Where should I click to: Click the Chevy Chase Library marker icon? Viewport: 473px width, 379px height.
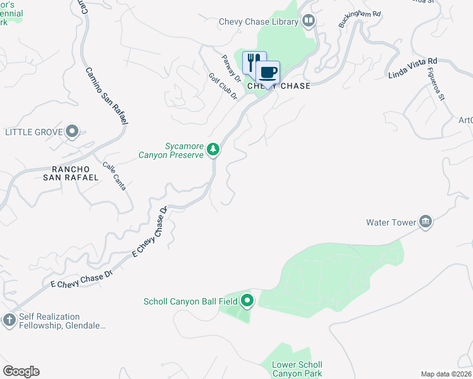click(x=309, y=21)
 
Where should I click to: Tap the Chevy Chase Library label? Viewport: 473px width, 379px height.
click(x=258, y=21)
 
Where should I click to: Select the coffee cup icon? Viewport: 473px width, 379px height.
click(x=267, y=72)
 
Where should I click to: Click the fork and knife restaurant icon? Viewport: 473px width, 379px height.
click(x=252, y=62)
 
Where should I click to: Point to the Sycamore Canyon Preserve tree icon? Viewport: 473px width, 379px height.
click(x=214, y=149)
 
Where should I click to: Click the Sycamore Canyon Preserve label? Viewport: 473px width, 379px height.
click(x=171, y=150)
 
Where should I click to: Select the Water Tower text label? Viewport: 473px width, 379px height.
click(x=391, y=222)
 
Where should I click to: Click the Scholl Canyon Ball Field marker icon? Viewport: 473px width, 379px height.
click(x=247, y=301)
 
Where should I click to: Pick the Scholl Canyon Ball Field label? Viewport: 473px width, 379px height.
click(x=190, y=301)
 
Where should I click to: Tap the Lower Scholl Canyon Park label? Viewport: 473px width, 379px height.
click(x=297, y=370)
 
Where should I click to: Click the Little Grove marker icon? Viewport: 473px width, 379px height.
click(x=72, y=131)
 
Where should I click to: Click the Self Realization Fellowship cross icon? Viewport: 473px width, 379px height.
click(x=9, y=320)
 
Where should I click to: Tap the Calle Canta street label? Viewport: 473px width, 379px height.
click(x=114, y=176)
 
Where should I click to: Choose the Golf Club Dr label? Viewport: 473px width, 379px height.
click(x=223, y=87)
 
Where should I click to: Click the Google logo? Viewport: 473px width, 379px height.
click(x=21, y=371)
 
